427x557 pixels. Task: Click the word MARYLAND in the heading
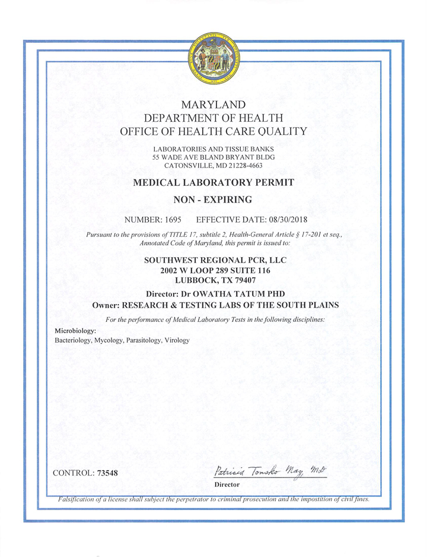tap(213, 105)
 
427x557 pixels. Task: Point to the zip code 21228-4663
tap(241, 166)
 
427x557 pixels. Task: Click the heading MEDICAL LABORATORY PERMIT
tap(213, 183)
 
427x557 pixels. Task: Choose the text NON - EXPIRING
tap(213, 200)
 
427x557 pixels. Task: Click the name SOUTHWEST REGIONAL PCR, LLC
tap(213, 260)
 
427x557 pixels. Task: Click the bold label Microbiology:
tap(71, 330)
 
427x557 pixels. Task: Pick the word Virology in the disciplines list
tap(177, 340)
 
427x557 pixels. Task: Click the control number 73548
tap(107, 473)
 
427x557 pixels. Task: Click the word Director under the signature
tap(227, 485)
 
